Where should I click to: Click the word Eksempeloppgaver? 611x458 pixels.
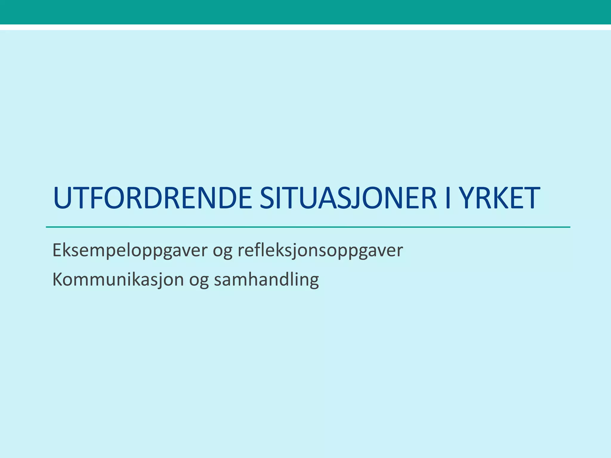coord(130,250)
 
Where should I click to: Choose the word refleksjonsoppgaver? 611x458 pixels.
coord(320,250)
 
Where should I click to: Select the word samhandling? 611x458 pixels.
coord(266,280)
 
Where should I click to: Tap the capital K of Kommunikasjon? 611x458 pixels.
coord(58,280)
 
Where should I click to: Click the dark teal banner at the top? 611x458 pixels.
coord(305,12)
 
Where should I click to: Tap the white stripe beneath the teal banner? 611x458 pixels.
coord(305,27)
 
